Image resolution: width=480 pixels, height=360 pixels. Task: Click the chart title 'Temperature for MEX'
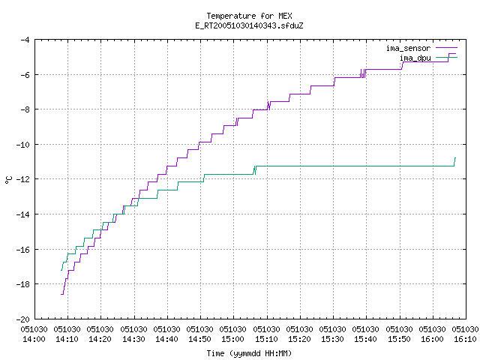pyautogui.click(x=249, y=16)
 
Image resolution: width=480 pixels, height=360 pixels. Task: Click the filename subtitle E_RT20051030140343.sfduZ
pyautogui.click(x=249, y=25)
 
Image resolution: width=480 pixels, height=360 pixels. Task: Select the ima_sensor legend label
pyautogui.click(x=408, y=48)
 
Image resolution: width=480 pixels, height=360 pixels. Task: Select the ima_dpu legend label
pyautogui.click(x=415, y=58)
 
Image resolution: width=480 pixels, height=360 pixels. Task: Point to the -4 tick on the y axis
pyautogui.click(x=25, y=40)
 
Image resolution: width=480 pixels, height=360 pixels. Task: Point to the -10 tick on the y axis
pyautogui.click(x=23, y=145)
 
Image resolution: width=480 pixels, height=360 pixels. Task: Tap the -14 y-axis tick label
pyautogui.click(x=23, y=214)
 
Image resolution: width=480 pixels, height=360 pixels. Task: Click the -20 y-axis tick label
pyautogui.click(x=23, y=319)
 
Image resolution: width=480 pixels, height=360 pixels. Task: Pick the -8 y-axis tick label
pyautogui.click(x=25, y=109)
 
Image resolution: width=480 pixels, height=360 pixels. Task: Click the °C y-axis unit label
pyautogui.click(x=8, y=180)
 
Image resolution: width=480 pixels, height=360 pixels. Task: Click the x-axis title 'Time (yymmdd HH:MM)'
pyautogui.click(x=249, y=353)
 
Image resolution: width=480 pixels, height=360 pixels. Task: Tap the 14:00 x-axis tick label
pyautogui.click(x=34, y=339)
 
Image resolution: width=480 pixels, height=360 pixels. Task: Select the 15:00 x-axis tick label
pyautogui.click(x=233, y=339)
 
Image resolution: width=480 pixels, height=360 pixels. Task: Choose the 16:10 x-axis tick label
pyautogui.click(x=465, y=339)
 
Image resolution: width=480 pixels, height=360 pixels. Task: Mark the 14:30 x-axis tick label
pyautogui.click(x=133, y=339)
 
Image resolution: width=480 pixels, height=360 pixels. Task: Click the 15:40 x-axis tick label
pyautogui.click(x=365, y=339)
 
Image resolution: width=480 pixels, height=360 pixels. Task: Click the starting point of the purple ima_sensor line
pyautogui.click(x=61, y=294)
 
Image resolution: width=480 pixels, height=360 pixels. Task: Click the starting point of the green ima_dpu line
pyautogui.click(x=61, y=270)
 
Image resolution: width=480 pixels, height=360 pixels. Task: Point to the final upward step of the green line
pyautogui.click(x=454, y=162)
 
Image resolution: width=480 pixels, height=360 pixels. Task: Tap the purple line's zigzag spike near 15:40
pyautogui.click(x=363, y=73)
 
